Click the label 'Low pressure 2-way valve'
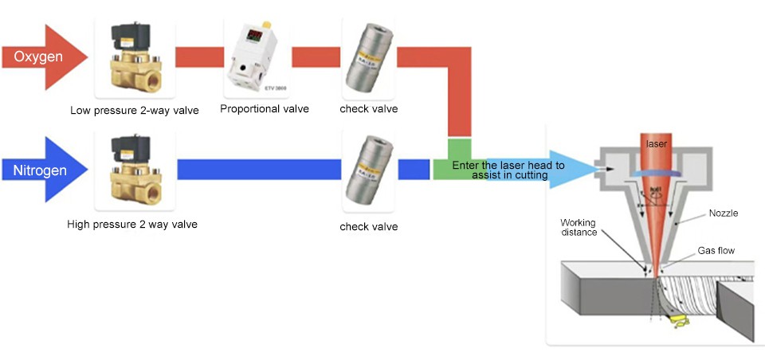pos(134,110)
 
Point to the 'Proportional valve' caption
pos(264,109)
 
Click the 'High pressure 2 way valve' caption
pos(132,225)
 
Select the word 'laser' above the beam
pos(657,144)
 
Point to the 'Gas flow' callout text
pos(716,250)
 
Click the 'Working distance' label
pos(578,227)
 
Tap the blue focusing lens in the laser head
pos(656,172)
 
